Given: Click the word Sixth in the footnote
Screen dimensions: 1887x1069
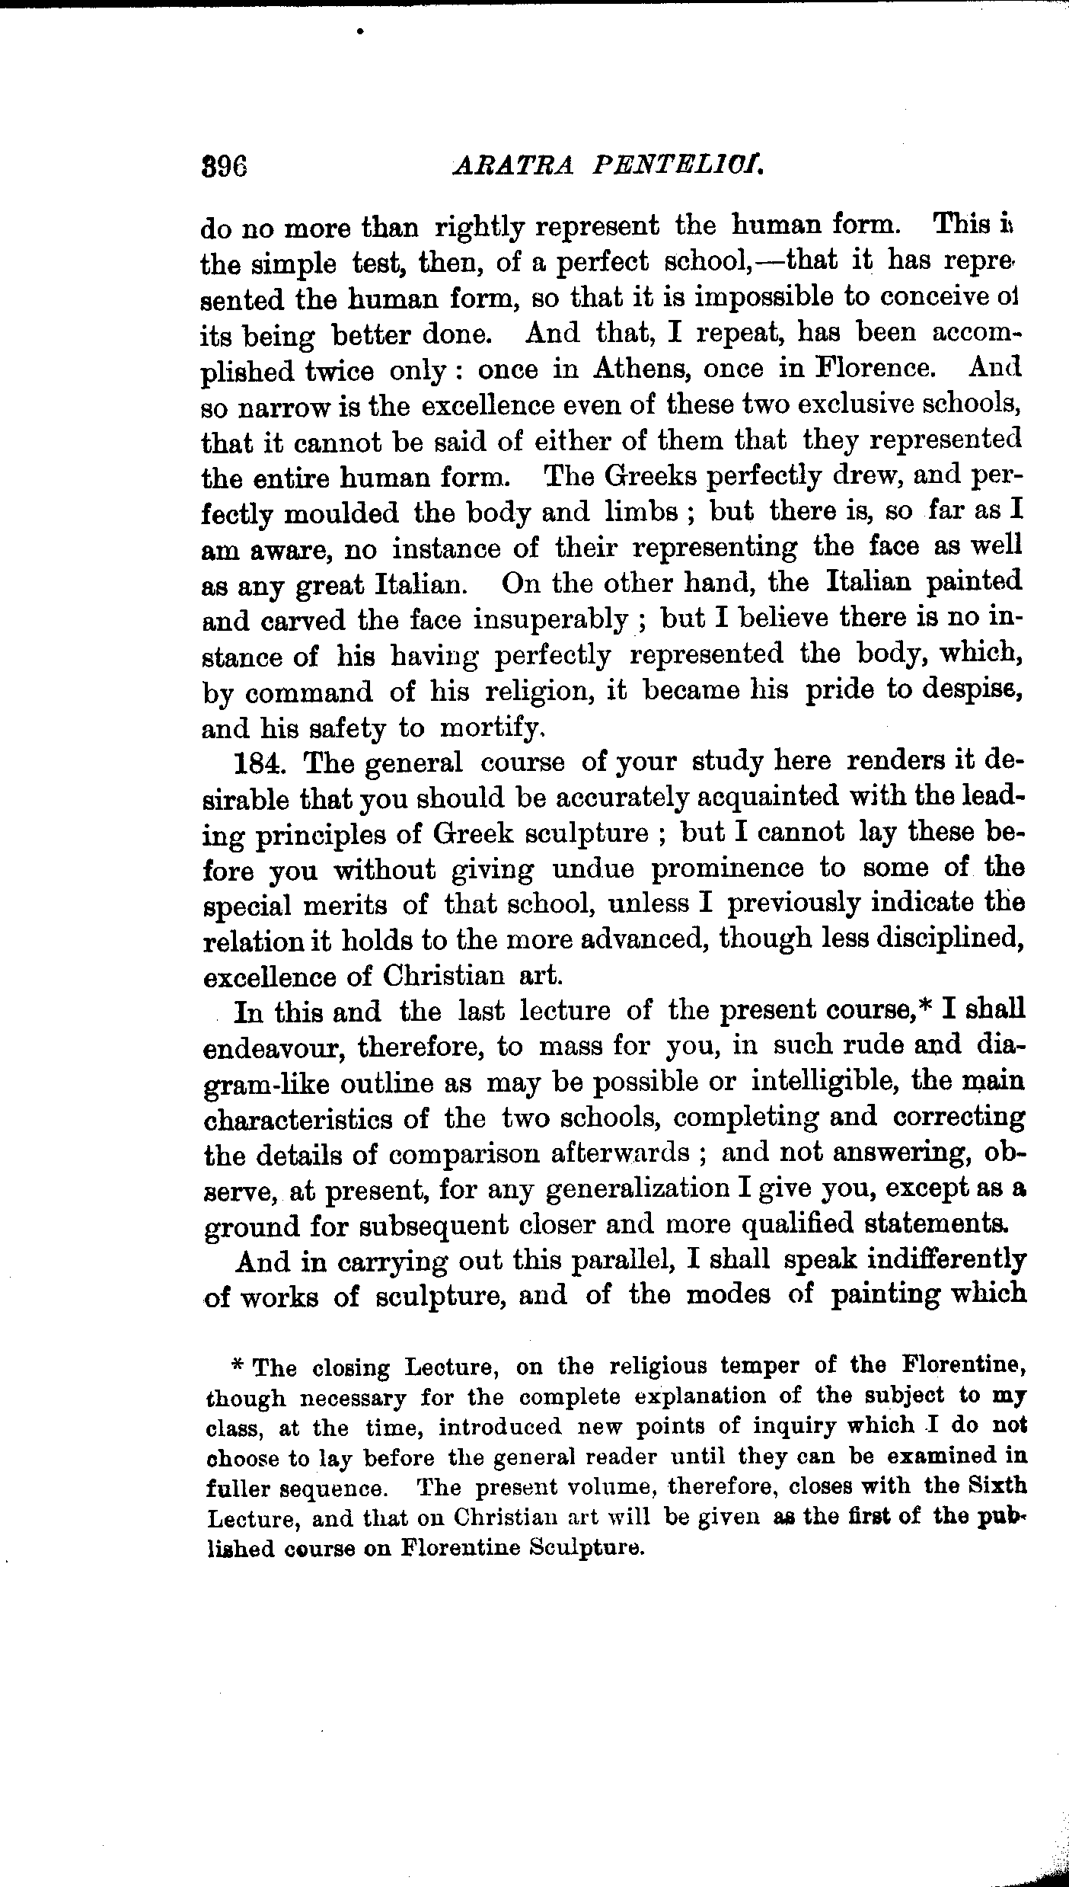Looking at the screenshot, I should coord(997,1486).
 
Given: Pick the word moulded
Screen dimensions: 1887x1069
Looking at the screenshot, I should coord(341,514).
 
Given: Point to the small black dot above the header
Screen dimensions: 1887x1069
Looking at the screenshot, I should coord(360,32).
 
